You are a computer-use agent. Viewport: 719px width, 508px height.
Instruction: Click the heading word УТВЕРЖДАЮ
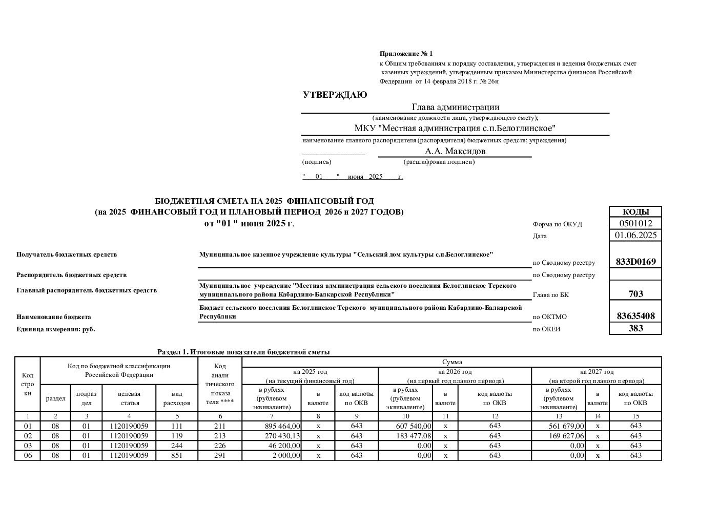tap(335, 95)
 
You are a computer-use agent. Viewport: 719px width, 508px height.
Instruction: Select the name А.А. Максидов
tap(455, 151)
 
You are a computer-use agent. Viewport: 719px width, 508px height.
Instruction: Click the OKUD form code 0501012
tap(635, 223)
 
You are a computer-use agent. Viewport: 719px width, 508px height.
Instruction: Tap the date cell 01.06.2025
tap(635, 236)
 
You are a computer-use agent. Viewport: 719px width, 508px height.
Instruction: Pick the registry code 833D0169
tap(635, 262)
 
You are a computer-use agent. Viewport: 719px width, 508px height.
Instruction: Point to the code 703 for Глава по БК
tap(635, 294)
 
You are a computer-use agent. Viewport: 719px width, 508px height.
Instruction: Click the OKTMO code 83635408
tap(635, 316)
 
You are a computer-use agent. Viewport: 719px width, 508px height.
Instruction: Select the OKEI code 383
tap(635, 328)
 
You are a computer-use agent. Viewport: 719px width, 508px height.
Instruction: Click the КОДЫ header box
tap(635, 212)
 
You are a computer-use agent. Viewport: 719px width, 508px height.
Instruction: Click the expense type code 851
tap(176, 455)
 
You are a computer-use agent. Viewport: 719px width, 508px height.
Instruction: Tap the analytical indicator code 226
tap(219, 446)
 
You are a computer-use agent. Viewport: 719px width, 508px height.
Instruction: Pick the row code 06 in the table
tap(28, 455)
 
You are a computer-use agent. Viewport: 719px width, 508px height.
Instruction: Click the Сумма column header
tap(451, 362)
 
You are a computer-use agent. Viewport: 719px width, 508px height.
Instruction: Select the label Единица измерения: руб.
tap(56, 329)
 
